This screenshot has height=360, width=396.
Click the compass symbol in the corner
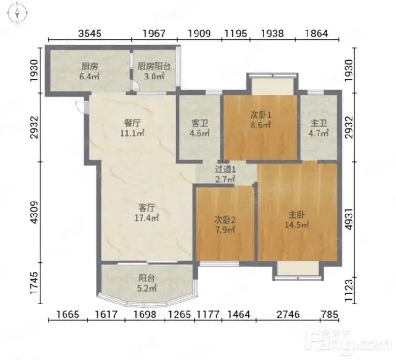(x=17, y=13)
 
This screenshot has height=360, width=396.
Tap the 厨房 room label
(x=89, y=71)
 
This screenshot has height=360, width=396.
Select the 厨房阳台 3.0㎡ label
(x=154, y=71)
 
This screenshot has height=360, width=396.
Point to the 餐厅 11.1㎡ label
(x=132, y=128)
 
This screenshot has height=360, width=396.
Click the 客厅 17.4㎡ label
(x=146, y=213)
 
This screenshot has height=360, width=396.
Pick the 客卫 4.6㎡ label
(x=199, y=128)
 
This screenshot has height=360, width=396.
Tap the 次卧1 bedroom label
(x=261, y=120)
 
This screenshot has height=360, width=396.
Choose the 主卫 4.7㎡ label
(x=319, y=128)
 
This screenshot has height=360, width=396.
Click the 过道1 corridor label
(x=225, y=174)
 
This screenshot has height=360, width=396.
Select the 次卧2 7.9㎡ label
(x=225, y=225)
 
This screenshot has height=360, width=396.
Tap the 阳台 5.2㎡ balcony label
(x=147, y=283)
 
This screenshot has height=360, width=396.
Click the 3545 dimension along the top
(x=89, y=34)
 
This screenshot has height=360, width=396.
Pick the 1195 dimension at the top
(x=236, y=34)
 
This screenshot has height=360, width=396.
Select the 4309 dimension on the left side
(x=34, y=213)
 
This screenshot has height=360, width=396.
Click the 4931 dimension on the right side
(x=349, y=219)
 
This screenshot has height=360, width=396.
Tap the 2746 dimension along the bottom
(x=288, y=315)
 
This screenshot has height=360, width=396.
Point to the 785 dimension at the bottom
(x=330, y=315)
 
